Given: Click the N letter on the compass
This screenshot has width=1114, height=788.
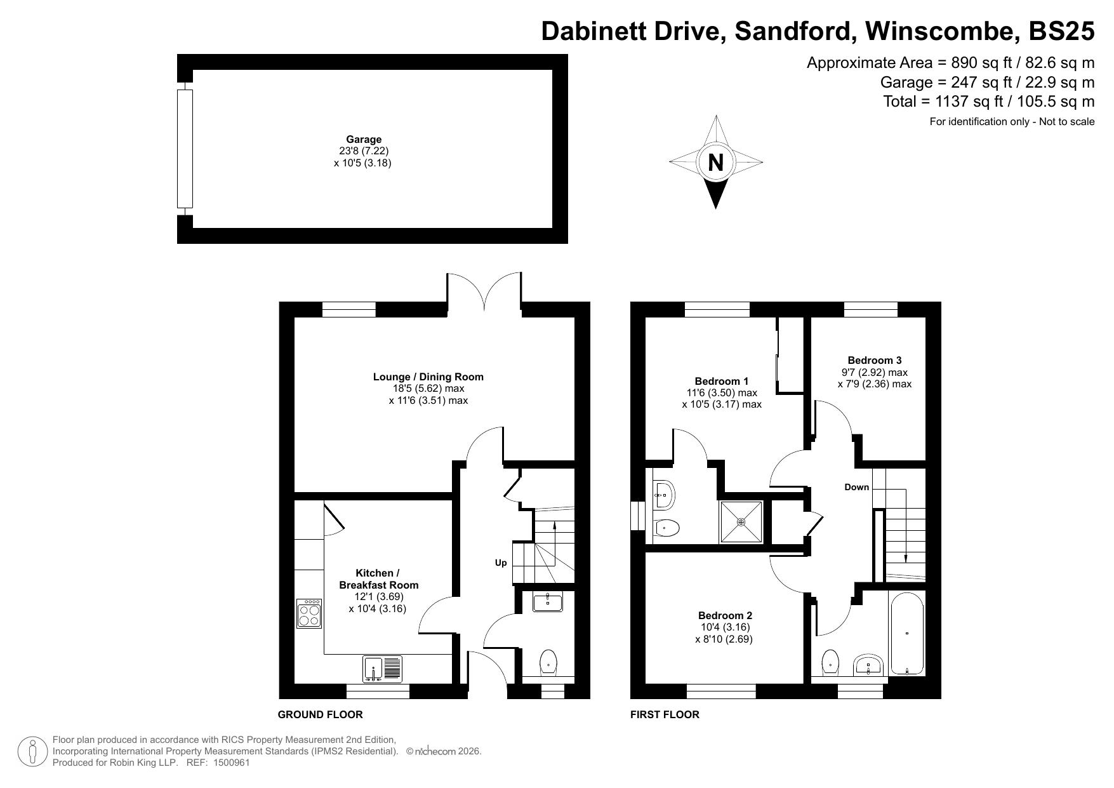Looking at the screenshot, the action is (x=715, y=163).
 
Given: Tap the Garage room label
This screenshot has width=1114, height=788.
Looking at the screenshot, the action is (x=364, y=139).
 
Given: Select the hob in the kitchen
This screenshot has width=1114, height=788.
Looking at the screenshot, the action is (x=309, y=614).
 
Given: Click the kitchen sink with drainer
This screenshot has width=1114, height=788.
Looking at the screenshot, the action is (x=382, y=669).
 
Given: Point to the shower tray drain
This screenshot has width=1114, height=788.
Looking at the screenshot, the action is (x=741, y=522).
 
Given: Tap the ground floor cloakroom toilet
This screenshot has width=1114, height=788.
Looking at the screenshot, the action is (x=548, y=663).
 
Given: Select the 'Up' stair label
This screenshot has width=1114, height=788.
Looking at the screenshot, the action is (x=501, y=563).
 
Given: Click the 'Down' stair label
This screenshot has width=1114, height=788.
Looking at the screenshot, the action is (x=856, y=487).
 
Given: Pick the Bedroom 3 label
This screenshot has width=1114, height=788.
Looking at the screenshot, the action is (x=874, y=360).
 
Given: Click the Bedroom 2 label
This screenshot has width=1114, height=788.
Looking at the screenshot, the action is (x=725, y=615).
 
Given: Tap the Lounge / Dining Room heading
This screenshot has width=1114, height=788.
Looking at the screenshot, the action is (x=428, y=377).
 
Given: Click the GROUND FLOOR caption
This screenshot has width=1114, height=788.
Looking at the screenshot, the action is (x=320, y=714).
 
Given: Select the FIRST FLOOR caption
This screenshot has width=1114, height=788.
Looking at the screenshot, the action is (x=665, y=714).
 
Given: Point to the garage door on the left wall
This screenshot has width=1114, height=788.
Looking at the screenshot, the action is (x=185, y=149).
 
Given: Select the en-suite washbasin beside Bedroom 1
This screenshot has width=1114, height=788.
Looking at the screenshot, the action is (x=664, y=493).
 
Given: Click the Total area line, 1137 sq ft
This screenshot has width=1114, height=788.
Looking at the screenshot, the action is (x=989, y=102).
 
